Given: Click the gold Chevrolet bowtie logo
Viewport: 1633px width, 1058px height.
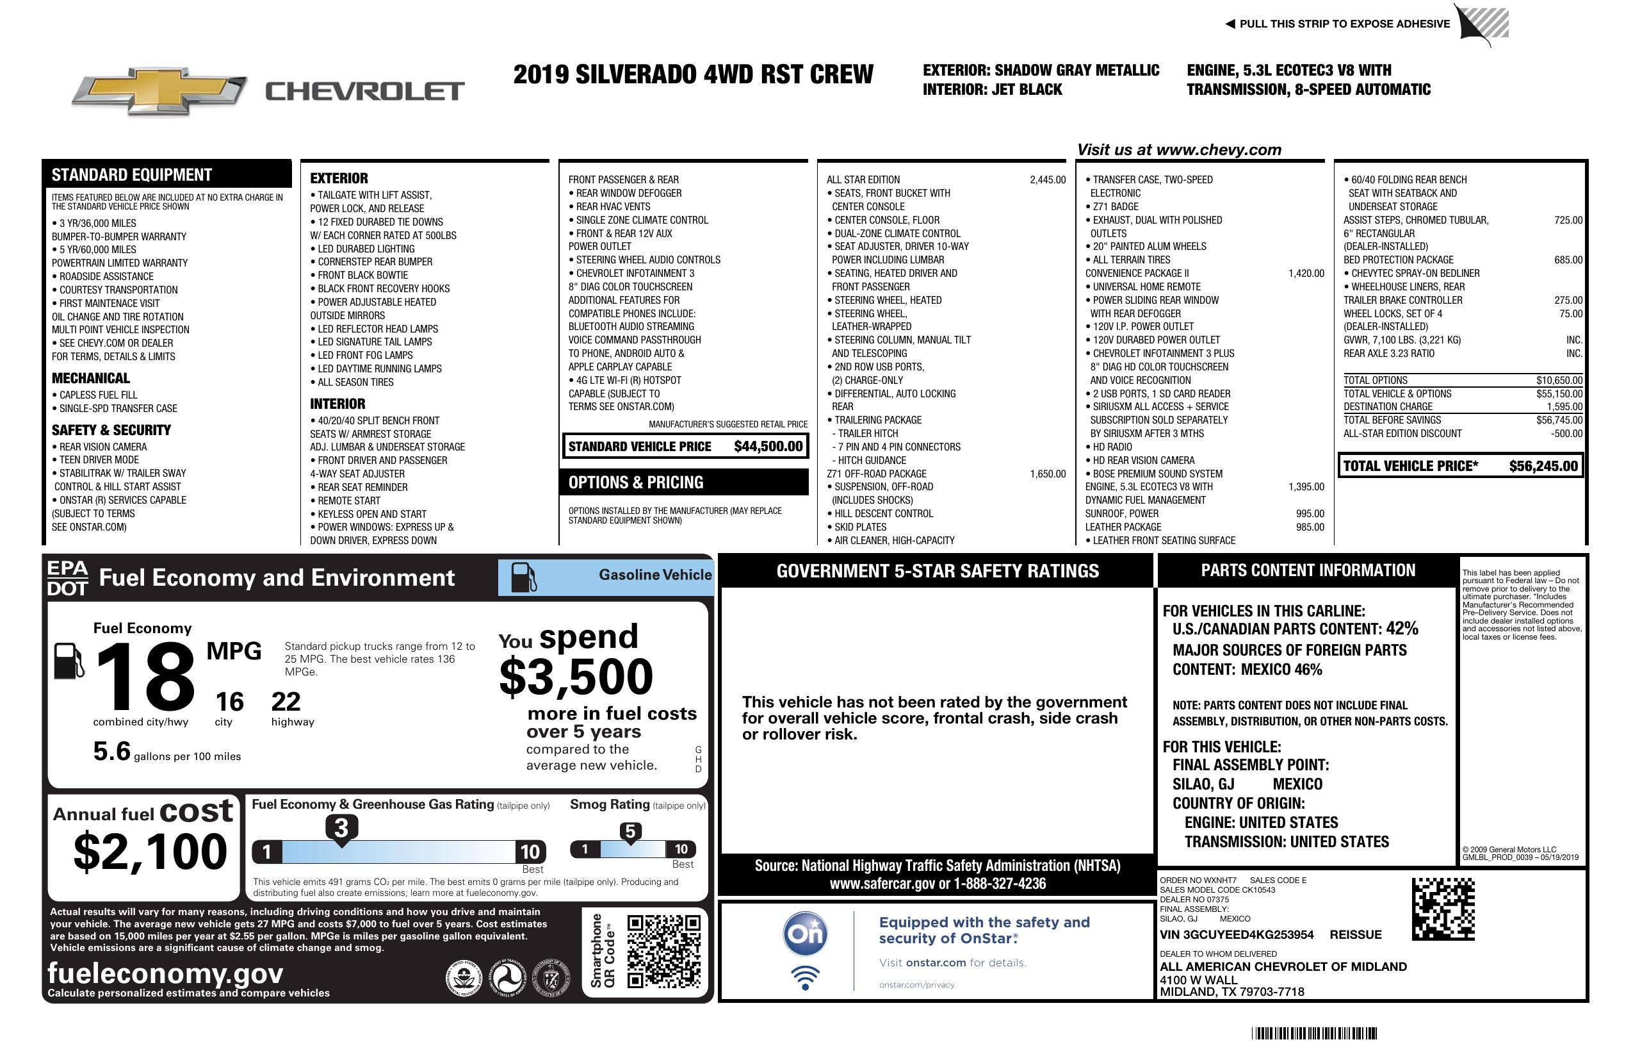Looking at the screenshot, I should tap(159, 91).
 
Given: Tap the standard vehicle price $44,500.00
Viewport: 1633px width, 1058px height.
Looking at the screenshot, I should tap(768, 446).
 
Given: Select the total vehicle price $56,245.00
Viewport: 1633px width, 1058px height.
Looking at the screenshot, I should tap(1543, 466).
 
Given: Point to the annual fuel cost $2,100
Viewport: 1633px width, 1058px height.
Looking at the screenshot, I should tap(150, 852).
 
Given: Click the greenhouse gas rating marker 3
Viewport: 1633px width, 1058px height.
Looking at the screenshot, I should tap(341, 828).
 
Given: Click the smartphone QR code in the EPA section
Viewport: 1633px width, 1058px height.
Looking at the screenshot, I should tap(664, 950).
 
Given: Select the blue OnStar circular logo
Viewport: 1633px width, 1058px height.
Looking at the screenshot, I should tap(805, 934).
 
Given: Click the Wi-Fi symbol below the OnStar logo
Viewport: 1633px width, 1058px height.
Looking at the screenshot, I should tap(805, 977).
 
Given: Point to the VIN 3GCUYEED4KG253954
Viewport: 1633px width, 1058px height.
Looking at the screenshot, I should tap(1237, 934).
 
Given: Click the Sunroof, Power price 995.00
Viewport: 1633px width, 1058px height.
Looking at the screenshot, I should tap(1310, 513).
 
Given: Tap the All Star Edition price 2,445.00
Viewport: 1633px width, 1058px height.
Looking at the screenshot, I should tap(1048, 180).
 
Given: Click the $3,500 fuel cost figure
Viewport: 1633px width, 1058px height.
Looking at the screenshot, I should tap(576, 677).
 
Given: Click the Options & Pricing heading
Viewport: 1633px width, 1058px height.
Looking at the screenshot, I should tap(635, 483).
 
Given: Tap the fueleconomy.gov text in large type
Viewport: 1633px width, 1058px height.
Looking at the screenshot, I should tap(165, 973).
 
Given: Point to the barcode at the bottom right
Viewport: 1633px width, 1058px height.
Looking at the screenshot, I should tap(1313, 1033).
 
